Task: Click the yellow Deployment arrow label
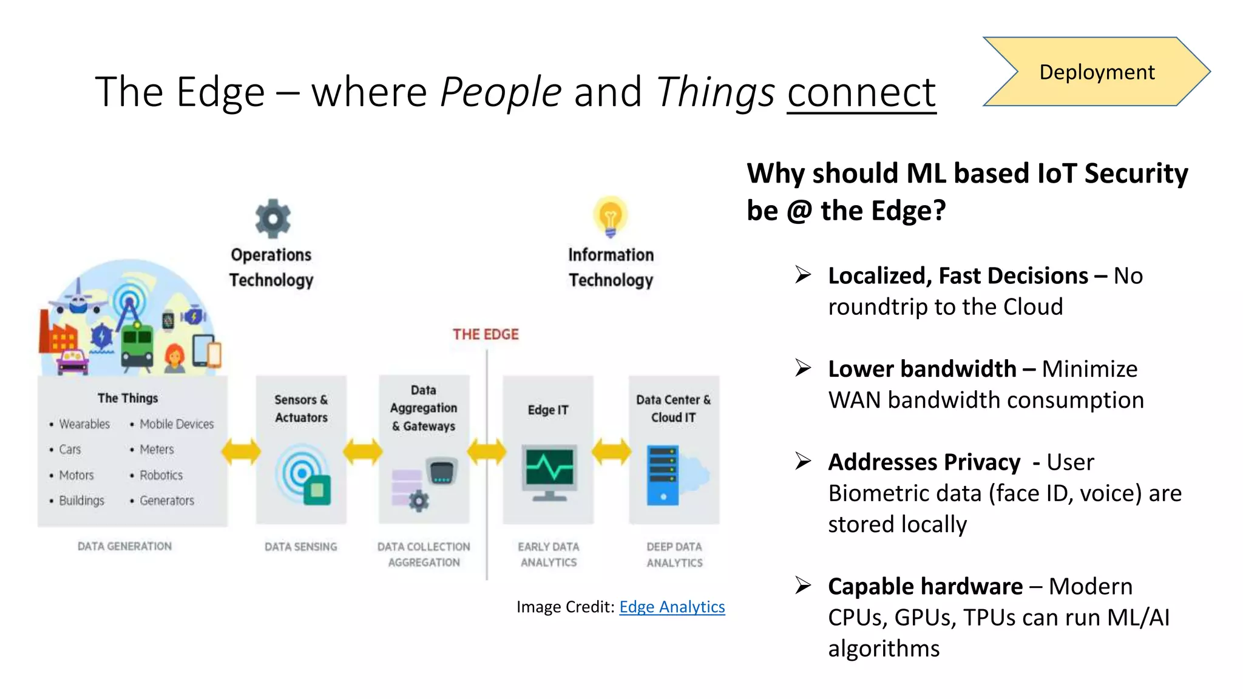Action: pos(1096,72)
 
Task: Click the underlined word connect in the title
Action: pos(861,92)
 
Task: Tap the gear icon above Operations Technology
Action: pos(273,218)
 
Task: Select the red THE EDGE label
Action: pos(486,334)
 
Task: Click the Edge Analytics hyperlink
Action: pos(672,607)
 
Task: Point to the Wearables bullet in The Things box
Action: pos(84,424)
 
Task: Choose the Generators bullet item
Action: pos(167,501)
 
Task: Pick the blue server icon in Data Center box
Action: pos(663,475)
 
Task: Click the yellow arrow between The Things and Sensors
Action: pos(241,452)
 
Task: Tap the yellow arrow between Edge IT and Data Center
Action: pos(611,452)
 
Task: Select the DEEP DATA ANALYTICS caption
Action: pos(674,555)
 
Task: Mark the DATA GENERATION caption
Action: pos(124,546)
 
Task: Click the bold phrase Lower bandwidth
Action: pos(922,369)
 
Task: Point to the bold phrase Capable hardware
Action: pos(925,587)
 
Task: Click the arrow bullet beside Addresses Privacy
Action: pos(803,462)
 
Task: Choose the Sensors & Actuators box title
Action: pos(301,408)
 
